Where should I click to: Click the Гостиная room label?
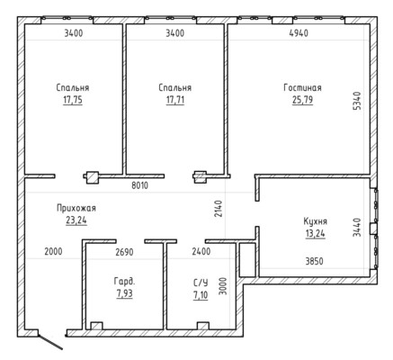(x=302, y=87)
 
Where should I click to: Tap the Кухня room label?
(x=315, y=221)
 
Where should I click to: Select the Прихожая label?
(x=76, y=208)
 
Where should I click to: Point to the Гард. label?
(x=124, y=282)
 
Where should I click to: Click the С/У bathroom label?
(x=201, y=283)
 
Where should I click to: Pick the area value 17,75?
(x=73, y=100)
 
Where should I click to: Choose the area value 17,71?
(x=175, y=100)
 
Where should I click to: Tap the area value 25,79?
(x=302, y=100)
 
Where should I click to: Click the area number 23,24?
(x=76, y=220)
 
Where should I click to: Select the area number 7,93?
(x=124, y=293)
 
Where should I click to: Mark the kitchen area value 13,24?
(x=316, y=233)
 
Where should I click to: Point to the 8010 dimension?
(x=140, y=185)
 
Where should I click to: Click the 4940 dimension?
(x=299, y=33)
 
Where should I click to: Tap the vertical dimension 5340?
(x=357, y=101)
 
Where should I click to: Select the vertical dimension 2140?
(x=219, y=209)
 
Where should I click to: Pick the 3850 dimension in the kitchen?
(x=315, y=261)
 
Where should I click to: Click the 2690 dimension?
(x=124, y=252)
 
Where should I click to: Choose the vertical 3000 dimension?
(x=223, y=286)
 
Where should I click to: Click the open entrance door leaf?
(x=50, y=342)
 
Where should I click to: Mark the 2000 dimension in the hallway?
(x=53, y=251)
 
